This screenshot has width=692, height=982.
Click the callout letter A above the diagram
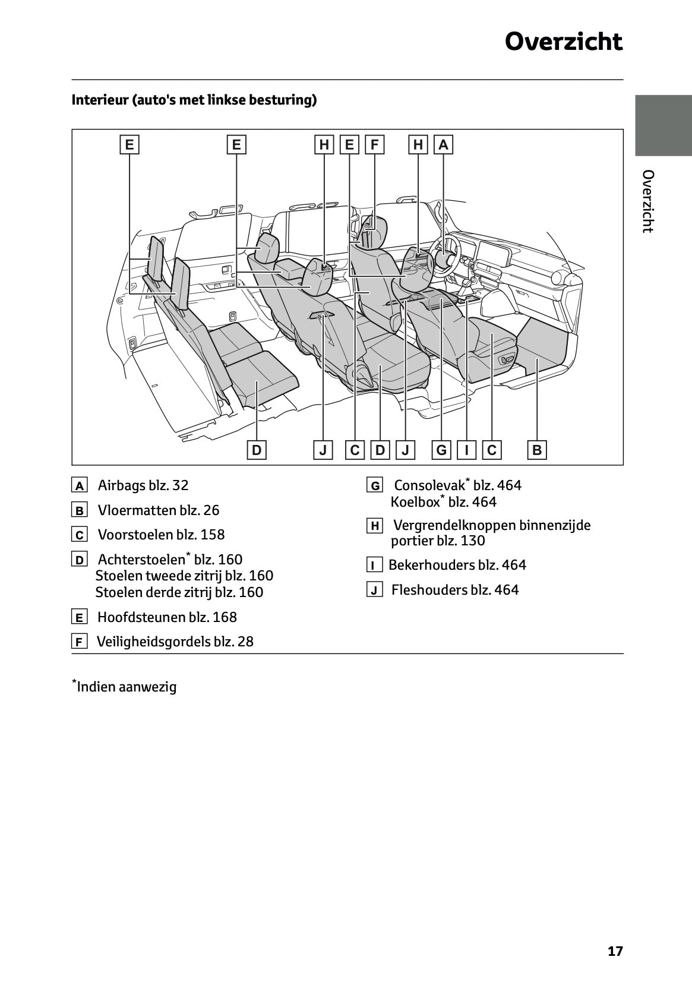tap(444, 145)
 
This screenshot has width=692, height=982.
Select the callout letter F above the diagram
tap(375, 145)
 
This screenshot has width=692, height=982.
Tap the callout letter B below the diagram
tap(537, 450)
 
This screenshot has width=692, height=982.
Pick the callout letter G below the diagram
tap(441, 450)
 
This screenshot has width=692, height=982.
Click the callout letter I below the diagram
tap(467, 450)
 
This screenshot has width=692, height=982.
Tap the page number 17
tap(615, 951)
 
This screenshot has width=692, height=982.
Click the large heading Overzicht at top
tap(563, 42)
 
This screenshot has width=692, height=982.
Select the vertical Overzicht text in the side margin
tap(648, 201)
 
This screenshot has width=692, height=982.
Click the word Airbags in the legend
tap(121, 485)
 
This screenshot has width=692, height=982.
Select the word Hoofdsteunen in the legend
tap(141, 617)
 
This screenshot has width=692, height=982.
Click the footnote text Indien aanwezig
tap(127, 687)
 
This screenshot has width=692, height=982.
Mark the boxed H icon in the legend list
tap(375, 526)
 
